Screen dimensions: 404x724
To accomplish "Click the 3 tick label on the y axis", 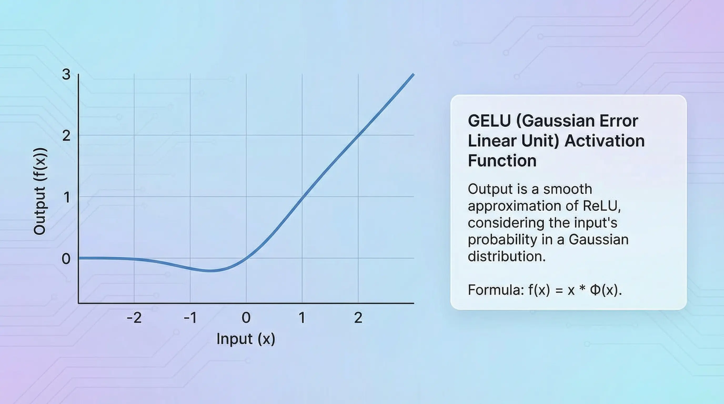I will click(x=66, y=74).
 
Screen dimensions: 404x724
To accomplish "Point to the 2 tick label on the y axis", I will click(x=66, y=136).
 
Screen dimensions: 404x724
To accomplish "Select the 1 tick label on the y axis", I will click(x=67, y=197).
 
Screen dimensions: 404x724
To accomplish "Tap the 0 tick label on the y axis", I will click(x=66, y=259).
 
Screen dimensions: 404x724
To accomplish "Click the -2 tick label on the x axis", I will click(x=134, y=318).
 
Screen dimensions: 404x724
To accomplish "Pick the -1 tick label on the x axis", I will click(x=190, y=318).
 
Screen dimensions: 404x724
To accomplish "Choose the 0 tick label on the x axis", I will click(x=246, y=318).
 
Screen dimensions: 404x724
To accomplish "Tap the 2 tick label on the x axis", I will click(x=358, y=318).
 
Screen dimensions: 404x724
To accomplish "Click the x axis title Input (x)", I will click(x=246, y=339).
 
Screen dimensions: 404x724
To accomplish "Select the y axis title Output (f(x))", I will click(x=40, y=191).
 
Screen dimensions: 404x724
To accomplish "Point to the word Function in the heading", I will click(x=502, y=161).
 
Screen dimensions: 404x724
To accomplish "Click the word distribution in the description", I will click(x=506, y=256).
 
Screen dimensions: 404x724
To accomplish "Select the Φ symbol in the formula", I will click(x=595, y=290).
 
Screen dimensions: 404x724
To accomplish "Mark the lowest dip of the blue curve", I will click(x=209, y=271).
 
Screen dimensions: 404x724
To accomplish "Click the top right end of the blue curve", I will click(x=413, y=74).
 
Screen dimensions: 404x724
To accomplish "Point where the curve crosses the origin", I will click(x=246, y=258).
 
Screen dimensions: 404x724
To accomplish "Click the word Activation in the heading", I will click(x=605, y=141).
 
